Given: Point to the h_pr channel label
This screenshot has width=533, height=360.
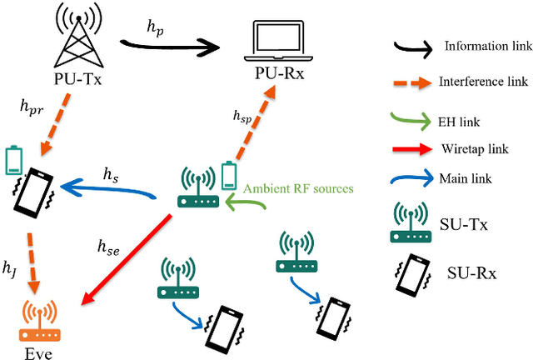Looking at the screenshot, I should [x=32, y=106].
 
